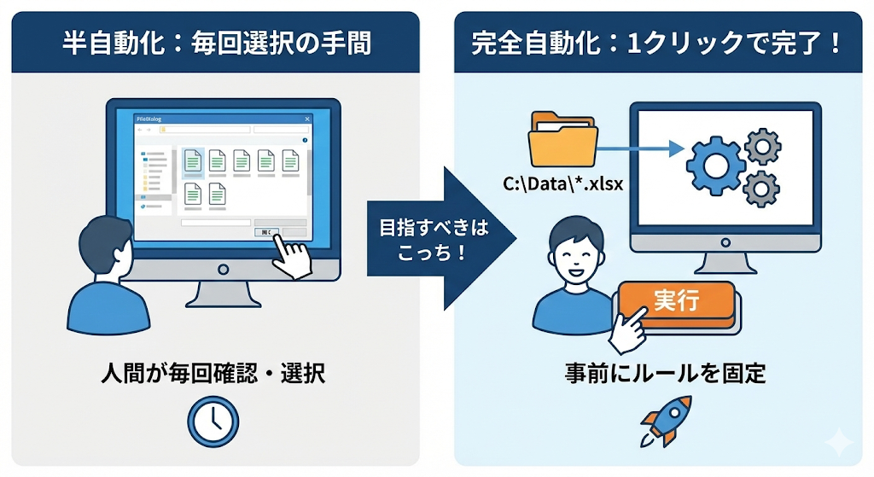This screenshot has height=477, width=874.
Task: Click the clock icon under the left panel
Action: [213, 421]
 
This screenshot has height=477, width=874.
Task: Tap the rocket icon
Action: [659, 422]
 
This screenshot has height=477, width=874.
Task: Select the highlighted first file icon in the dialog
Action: [194, 159]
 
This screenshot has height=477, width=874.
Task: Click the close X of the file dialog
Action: [306, 119]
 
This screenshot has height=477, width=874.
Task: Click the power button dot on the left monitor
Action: [223, 270]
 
